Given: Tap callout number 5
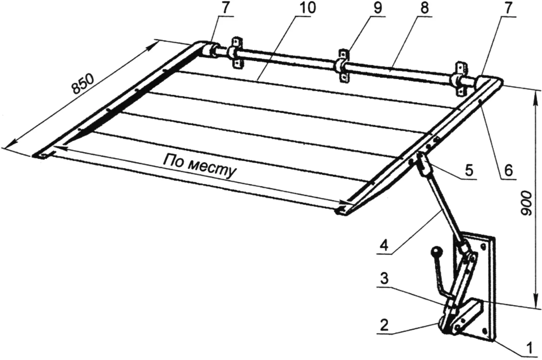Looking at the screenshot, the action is pyautogui.click(x=469, y=170).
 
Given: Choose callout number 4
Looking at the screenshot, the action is pyautogui.click(x=384, y=245).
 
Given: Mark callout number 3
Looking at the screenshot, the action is pyautogui.click(x=384, y=279).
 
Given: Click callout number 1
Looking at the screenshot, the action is pyautogui.click(x=530, y=348).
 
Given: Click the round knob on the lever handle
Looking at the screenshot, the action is pyautogui.click(x=436, y=252).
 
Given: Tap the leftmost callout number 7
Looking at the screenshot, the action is pyautogui.click(x=225, y=8).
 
